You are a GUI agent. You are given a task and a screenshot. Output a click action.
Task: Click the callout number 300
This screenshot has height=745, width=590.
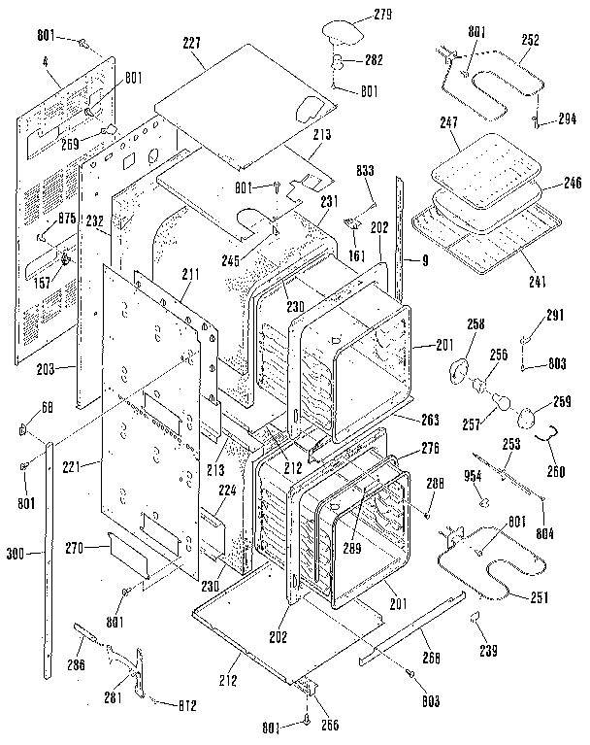pos(15,555)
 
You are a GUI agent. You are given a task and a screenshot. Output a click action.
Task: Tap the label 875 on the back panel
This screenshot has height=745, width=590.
pos(67,219)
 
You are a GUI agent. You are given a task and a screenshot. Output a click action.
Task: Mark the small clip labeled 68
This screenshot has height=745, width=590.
pos(24,428)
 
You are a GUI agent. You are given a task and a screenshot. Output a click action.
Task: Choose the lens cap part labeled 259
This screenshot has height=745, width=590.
pos(528,417)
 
